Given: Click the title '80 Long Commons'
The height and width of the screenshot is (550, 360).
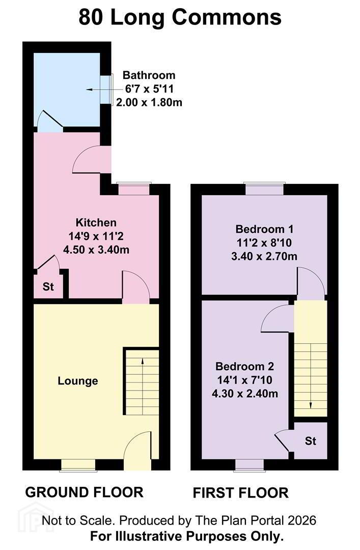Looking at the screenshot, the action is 180,17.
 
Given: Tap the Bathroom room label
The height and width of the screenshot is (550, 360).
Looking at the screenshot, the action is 149,75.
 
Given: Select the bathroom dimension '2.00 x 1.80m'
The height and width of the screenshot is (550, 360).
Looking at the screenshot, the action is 149,102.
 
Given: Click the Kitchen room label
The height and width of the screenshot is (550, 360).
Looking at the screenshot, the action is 96,223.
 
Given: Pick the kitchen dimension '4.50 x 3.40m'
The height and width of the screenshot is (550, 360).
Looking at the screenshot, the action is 96,250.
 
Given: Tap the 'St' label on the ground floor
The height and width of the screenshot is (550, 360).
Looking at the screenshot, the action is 48,287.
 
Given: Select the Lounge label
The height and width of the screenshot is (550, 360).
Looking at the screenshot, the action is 78,381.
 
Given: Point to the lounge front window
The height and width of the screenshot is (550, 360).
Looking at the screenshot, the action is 77,465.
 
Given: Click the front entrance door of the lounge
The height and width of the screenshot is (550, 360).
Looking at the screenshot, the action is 138,451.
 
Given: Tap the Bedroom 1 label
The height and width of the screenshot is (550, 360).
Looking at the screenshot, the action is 264,229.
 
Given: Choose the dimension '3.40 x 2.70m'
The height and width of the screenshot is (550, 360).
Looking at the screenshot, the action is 264,256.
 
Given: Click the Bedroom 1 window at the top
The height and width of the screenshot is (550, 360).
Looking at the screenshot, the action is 264,189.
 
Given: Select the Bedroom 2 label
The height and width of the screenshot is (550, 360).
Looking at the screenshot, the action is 244,366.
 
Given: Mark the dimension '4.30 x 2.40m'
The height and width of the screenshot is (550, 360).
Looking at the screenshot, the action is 245,394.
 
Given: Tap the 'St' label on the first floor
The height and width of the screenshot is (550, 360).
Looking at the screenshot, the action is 311,441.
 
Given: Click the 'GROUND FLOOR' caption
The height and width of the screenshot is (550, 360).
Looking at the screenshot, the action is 84,492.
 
